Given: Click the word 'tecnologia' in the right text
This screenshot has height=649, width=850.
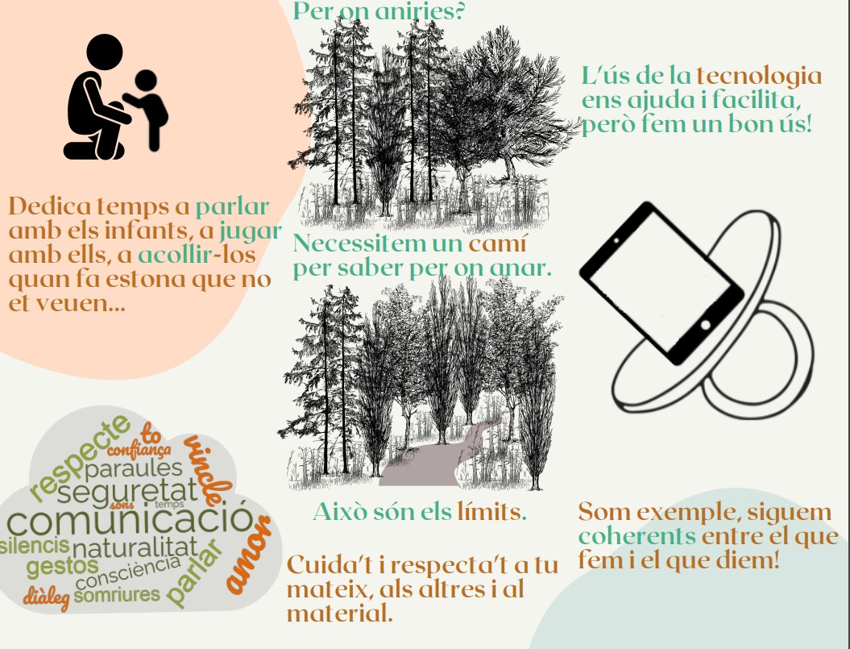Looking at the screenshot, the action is [759, 77].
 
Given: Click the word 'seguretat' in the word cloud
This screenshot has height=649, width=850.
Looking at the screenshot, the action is [127, 491].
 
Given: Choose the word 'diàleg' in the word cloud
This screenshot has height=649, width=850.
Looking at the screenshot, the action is [46, 597].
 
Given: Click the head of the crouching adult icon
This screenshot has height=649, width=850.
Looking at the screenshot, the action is [105, 52].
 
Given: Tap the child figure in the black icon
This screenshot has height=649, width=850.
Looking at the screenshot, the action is [147, 109].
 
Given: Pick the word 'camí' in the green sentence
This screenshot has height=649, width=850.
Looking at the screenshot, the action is [497, 243].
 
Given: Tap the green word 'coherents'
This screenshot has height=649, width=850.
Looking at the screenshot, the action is [637, 537].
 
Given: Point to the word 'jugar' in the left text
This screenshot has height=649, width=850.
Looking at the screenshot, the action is [251, 232].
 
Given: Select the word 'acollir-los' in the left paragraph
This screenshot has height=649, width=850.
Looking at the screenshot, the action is [197, 255].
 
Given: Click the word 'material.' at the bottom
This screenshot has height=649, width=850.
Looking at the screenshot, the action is [339, 614].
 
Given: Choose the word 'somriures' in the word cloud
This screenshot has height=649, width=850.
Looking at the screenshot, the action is [117, 595].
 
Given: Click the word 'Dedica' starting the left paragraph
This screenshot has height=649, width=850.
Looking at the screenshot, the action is [50, 206].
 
